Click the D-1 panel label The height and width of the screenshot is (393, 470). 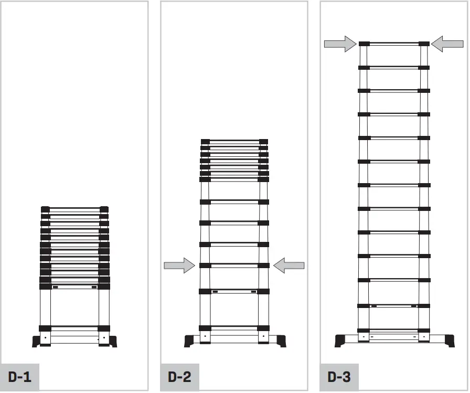[19, 377]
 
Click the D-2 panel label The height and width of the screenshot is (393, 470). [179, 377]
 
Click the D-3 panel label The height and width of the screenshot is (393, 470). [339, 377]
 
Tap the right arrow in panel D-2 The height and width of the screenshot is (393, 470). [289, 265]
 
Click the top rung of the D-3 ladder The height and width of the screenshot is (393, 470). [394, 44]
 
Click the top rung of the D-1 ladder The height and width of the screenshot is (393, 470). [74, 209]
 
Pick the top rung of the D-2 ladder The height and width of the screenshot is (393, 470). [234, 141]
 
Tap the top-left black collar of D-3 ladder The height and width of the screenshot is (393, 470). [364, 44]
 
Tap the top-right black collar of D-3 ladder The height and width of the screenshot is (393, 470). [424, 44]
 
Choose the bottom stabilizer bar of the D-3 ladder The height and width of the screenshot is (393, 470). [394, 336]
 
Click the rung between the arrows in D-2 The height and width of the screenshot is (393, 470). [234, 265]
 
